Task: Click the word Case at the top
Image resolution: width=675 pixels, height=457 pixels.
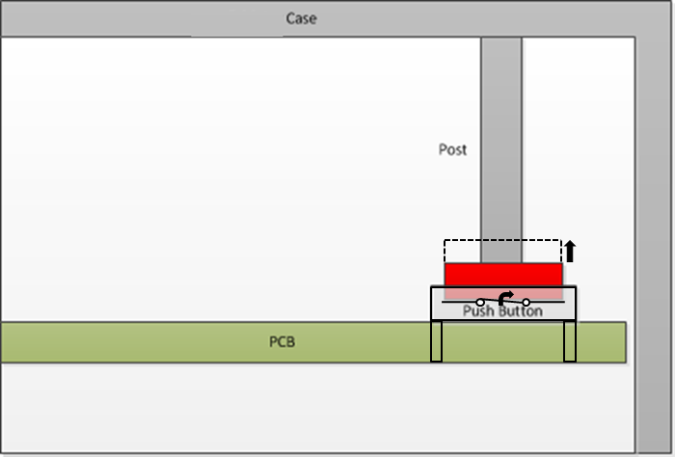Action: coord(301,18)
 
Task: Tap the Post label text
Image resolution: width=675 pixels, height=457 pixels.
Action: coord(452,149)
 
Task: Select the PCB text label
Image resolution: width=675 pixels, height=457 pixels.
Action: coord(282,342)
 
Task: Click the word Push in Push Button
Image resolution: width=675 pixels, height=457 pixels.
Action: coord(479,311)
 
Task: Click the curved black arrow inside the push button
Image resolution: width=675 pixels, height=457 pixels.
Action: coord(504,296)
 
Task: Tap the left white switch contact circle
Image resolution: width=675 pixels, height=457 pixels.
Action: coord(480,303)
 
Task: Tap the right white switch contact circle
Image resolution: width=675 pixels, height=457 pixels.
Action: coord(526,303)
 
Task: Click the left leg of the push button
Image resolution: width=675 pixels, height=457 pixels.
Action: coord(436,341)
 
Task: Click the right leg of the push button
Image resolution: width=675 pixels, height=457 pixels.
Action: coord(570,341)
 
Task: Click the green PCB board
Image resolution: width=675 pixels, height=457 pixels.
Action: coord(193,342)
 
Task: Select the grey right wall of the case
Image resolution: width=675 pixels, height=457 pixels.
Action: coord(655,241)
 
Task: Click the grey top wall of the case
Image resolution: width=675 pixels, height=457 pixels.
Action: coord(145,18)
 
